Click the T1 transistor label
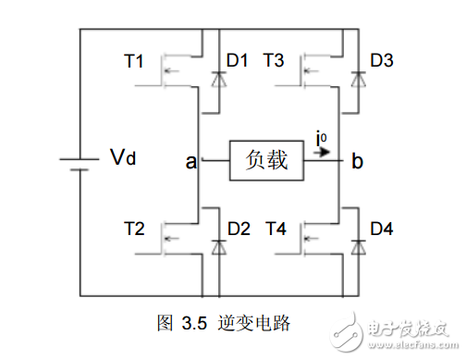(x=134, y=63)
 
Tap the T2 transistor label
(x=134, y=227)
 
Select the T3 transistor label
(x=274, y=63)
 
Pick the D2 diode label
(x=239, y=227)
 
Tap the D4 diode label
(x=382, y=227)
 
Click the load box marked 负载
(x=268, y=161)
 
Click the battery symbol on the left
(x=79, y=163)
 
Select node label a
(x=190, y=162)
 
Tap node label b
(x=357, y=162)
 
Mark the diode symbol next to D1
(x=218, y=81)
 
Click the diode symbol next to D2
(x=218, y=246)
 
